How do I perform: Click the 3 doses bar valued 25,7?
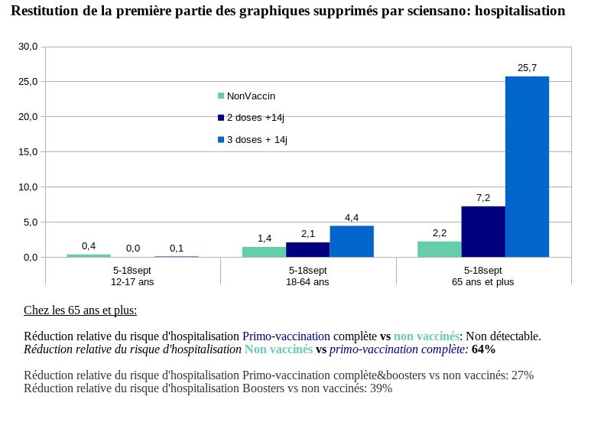pos(527,167)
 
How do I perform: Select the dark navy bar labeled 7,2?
pos(483,232)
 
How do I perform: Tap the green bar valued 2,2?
pos(439,249)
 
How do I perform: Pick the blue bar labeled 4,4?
pos(352,242)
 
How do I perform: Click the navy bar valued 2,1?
pos(307,249)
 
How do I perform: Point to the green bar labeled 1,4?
pos(264,252)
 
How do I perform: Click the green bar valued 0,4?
pos(89,255)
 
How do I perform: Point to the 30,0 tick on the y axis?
pos(28,47)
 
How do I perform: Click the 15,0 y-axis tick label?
pos(28,152)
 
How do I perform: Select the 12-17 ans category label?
pos(132,281)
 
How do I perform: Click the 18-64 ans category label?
pos(307,281)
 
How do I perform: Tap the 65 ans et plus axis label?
pos(482,281)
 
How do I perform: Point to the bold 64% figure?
pos(483,349)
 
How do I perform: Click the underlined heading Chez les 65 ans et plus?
pos(80,310)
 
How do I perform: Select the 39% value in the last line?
pos(381,388)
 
